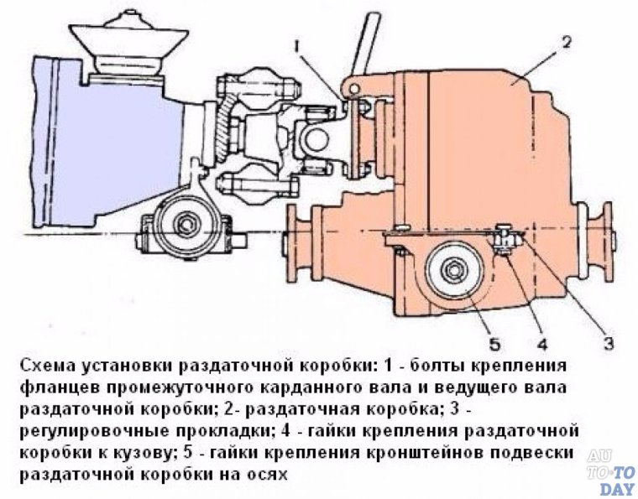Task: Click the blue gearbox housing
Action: pyautogui.click(x=118, y=143)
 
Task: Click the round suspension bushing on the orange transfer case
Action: pyautogui.click(x=453, y=273)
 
